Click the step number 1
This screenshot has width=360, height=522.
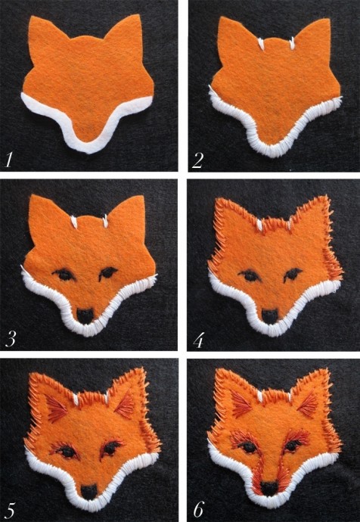click(8, 159)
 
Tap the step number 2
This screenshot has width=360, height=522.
click(197, 160)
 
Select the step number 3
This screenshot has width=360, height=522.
click(11, 340)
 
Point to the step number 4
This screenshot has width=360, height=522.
click(198, 340)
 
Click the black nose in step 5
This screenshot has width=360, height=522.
click(88, 492)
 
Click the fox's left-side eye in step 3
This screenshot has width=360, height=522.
click(64, 275)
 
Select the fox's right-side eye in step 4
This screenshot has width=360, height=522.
click(293, 275)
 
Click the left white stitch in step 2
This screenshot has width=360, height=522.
click(261, 44)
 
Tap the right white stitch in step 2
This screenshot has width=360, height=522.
click(292, 43)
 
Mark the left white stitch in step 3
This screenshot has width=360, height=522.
click(74, 222)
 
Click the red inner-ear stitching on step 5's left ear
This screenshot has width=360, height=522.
click(56, 409)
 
